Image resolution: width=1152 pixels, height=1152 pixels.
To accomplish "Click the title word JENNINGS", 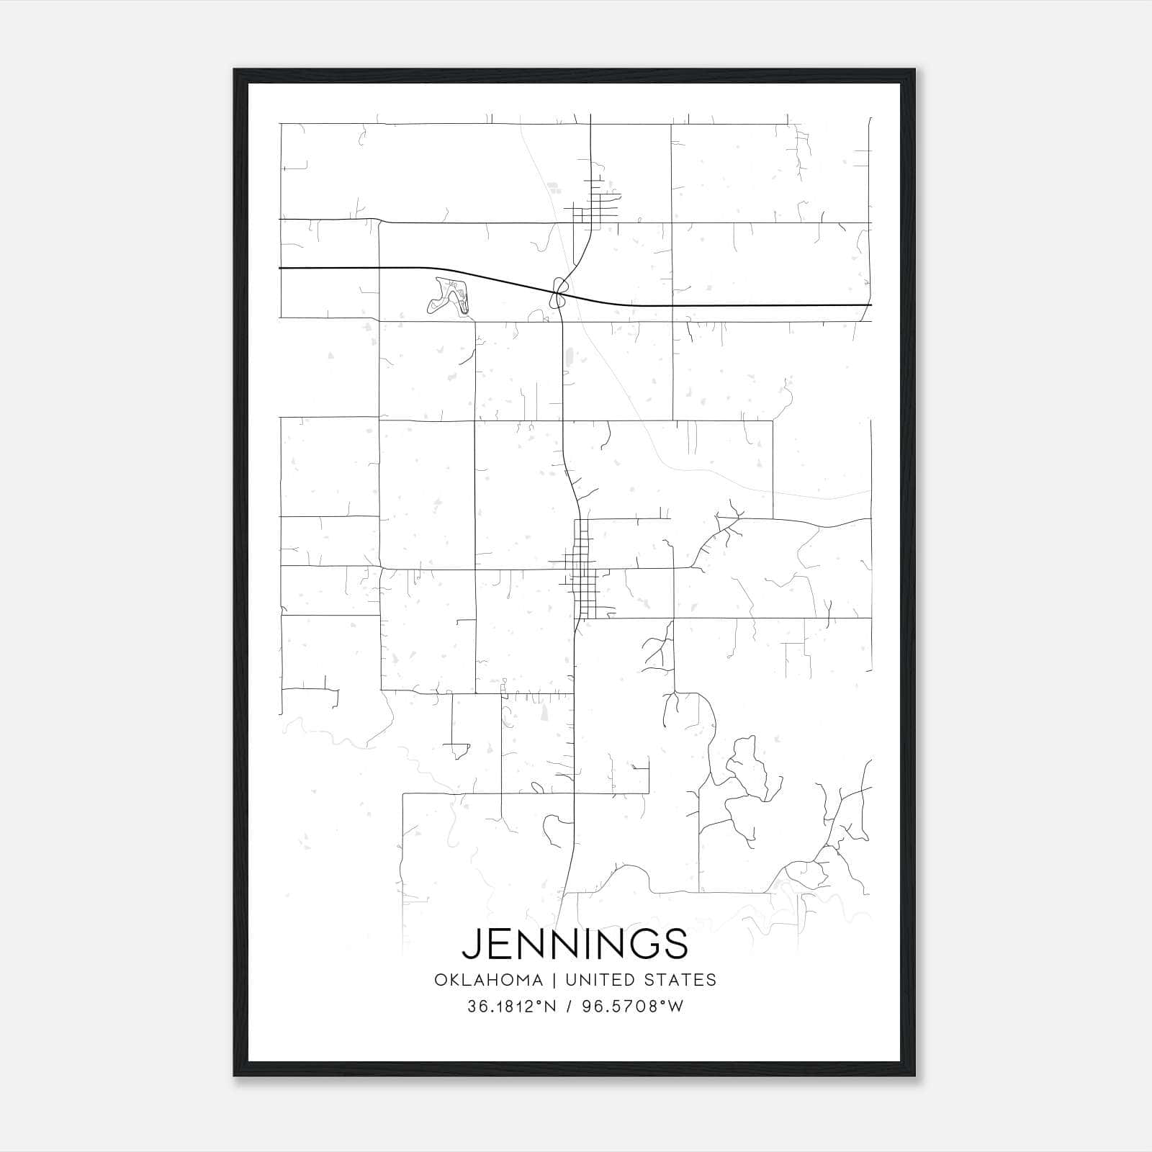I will (x=575, y=943).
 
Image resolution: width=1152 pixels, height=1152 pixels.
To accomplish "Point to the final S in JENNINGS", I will (x=675, y=943).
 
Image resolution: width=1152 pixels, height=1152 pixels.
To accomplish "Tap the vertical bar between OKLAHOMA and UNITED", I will (x=555, y=980).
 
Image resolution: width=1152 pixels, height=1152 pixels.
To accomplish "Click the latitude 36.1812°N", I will (x=512, y=1007).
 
